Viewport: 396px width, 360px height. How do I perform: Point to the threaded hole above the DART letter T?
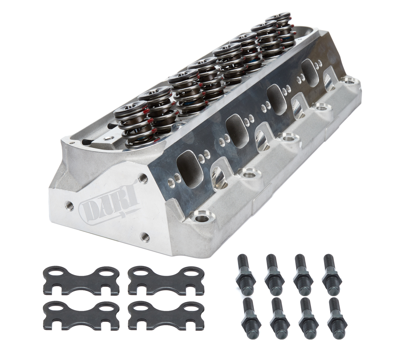(142, 177)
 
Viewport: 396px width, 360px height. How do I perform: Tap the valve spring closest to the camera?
(131, 122)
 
